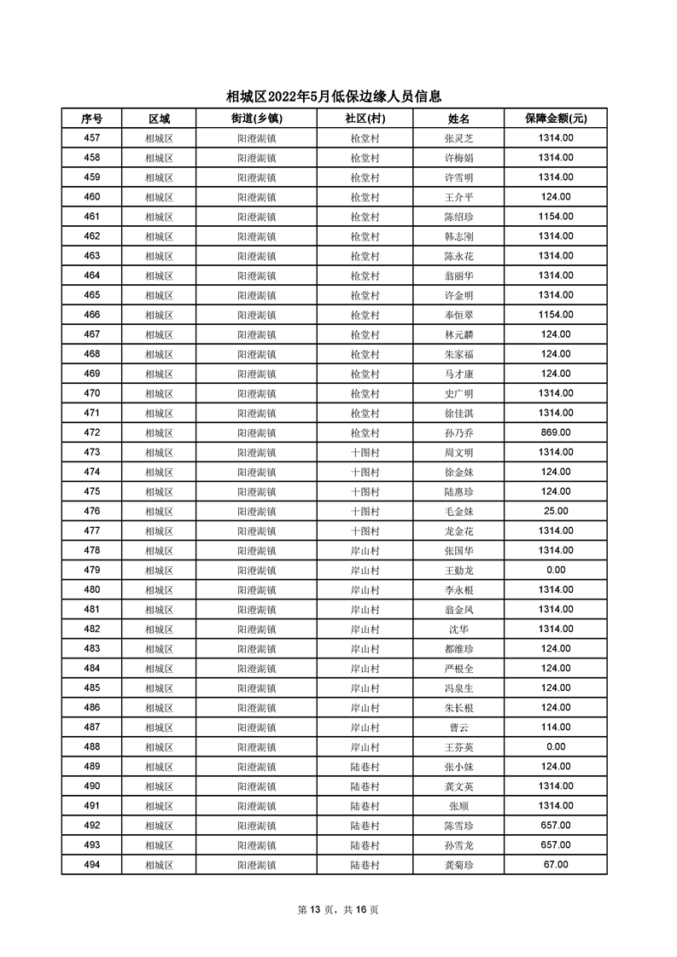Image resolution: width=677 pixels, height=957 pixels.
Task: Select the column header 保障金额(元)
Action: (x=555, y=119)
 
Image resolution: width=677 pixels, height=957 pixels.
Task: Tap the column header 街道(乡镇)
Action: (x=256, y=119)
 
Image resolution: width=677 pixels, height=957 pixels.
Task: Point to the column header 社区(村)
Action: (x=365, y=119)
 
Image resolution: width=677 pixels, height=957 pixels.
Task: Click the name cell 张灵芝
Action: (x=459, y=138)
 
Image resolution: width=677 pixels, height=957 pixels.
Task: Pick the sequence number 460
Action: (x=92, y=197)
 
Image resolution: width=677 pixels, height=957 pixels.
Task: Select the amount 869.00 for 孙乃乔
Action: (x=555, y=432)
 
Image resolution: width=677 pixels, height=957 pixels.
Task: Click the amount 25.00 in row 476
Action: (x=555, y=511)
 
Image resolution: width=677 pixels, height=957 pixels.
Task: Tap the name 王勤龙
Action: (x=459, y=571)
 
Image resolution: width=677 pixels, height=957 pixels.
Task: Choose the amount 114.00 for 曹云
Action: (x=555, y=728)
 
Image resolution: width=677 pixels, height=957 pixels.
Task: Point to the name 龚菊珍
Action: (x=459, y=865)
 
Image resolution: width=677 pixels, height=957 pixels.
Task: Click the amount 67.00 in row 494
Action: (x=555, y=865)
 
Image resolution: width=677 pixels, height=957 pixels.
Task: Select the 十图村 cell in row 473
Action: (x=365, y=452)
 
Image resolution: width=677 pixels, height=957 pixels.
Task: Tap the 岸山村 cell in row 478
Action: (x=365, y=550)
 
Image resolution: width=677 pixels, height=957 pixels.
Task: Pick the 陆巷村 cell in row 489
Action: (x=365, y=767)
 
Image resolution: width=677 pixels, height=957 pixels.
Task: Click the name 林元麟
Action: (x=459, y=334)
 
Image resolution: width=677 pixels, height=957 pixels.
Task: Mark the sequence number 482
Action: (x=92, y=629)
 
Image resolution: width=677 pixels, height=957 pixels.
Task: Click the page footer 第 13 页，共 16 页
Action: (x=338, y=910)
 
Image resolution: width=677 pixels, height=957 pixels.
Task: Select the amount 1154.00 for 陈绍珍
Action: (x=555, y=217)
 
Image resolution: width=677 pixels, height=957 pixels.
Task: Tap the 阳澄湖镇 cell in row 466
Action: (x=256, y=315)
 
